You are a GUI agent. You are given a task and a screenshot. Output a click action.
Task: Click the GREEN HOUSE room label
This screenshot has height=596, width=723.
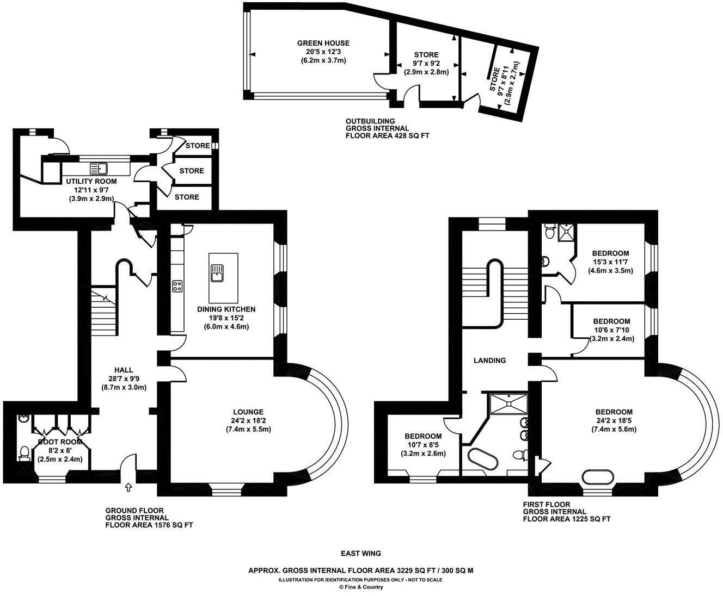click(x=323, y=43)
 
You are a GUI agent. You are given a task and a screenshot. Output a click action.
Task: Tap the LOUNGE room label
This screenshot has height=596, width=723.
click(x=248, y=412)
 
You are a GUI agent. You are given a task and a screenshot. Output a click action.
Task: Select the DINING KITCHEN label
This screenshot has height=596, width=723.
click(x=226, y=309)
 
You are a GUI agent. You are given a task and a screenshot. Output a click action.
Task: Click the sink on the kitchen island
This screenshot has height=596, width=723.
click(x=217, y=271)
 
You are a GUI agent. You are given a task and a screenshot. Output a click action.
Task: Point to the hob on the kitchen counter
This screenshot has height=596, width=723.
click(x=177, y=286)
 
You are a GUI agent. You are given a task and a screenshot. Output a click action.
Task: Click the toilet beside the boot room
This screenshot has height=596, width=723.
click(x=24, y=453)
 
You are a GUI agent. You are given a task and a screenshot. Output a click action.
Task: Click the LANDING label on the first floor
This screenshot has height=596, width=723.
click(x=489, y=360)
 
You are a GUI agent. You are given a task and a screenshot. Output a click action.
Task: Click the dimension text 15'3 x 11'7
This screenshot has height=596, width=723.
click(x=610, y=262)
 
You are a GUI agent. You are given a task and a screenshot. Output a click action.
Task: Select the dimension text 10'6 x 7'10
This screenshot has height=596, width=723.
click(x=611, y=330)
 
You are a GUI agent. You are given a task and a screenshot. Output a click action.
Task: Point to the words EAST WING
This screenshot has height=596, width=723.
click(x=360, y=554)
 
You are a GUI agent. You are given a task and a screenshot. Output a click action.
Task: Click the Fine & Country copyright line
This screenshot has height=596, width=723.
click(x=360, y=587)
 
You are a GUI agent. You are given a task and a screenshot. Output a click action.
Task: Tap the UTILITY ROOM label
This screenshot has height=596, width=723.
click(x=91, y=181)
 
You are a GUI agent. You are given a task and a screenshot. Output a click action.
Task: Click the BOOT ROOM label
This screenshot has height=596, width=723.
click(x=60, y=442)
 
